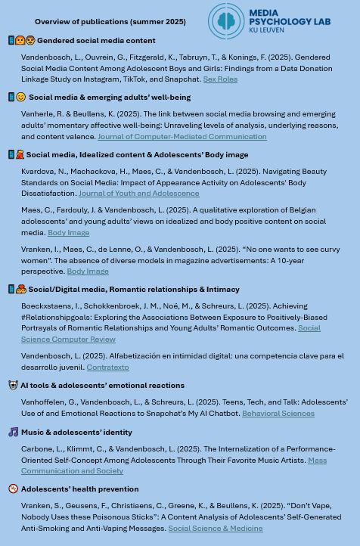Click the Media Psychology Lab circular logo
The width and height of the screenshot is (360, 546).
(x=226, y=20)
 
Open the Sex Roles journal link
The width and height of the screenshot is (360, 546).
(x=220, y=79)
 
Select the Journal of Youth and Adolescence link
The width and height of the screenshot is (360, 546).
(x=138, y=194)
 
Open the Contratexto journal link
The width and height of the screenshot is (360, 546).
(x=107, y=368)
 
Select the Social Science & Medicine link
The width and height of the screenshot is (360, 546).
(x=215, y=529)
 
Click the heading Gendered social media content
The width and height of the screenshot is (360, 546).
(x=96, y=41)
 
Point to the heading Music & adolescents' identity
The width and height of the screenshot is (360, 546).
(x=76, y=433)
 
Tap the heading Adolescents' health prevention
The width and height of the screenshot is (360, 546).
(x=79, y=489)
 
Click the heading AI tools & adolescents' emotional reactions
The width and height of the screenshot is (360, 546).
(x=102, y=386)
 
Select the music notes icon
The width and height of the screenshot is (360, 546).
(x=13, y=433)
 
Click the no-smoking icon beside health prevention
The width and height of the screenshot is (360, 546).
(x=13, y=489)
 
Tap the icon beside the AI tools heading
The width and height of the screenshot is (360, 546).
(x=13, y=386)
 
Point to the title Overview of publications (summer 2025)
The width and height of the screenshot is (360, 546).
(x=110, y=22)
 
